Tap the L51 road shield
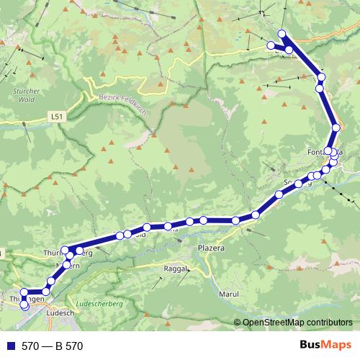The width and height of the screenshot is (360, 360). [x=57, y=115]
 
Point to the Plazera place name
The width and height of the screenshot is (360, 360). [x=212, y=248]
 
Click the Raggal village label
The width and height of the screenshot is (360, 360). [x=176, y=269]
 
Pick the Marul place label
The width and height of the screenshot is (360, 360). [x=229, y=294]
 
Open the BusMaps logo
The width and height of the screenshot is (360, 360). [x=320, y=346]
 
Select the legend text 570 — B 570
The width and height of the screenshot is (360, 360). [x=52, y=346]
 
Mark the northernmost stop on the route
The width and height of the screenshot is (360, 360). [x=282, y=33]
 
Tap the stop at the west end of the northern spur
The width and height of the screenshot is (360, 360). [x=271, y=45]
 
